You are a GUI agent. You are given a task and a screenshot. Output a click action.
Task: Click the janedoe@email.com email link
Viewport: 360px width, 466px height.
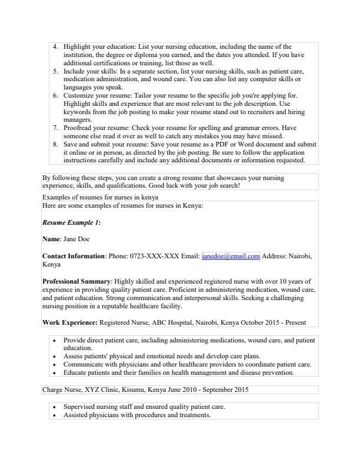[231, 257]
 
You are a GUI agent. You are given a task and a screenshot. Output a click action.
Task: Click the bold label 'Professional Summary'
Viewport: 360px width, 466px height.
[75, 281]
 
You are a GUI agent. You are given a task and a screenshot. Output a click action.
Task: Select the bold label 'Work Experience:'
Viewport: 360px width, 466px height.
[70, 322]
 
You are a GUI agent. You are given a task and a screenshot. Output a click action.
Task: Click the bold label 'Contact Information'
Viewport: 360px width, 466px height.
[74, 257]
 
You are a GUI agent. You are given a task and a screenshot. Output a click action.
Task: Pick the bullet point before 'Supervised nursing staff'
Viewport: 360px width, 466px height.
[55, 407]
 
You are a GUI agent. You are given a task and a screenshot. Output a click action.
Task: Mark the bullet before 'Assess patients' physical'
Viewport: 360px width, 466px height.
[55, 357]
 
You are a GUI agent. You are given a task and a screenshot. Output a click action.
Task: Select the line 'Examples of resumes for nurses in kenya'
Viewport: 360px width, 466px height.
[100, 197]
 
